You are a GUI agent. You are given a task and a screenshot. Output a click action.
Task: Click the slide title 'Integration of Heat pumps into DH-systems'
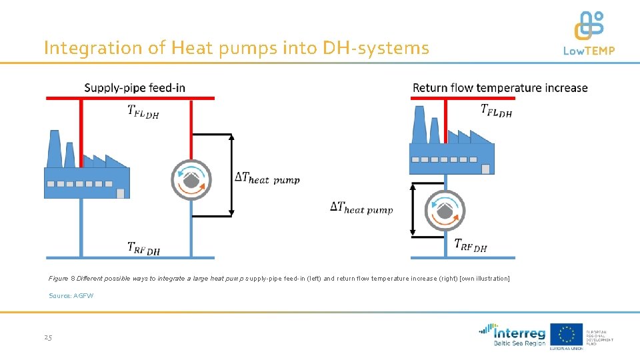click(x=237, y=48)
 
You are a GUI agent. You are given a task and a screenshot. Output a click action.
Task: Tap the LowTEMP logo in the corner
click(x=589, y=33)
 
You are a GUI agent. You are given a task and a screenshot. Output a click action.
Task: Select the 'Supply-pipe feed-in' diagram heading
click(x=135, y=87)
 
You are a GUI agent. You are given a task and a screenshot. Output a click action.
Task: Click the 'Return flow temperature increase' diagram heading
click(x=500, y=87)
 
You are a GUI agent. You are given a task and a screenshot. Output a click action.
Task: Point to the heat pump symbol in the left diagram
click(x=191, y=179)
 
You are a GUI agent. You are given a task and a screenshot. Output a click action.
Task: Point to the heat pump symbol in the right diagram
click(x=445, y=210)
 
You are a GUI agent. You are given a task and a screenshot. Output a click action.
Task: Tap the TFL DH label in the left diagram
click(x=143, y=111)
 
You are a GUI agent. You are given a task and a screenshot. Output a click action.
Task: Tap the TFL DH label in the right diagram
click(x=496, y=111)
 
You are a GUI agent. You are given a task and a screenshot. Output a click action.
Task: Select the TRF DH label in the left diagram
click(x=143, y=248)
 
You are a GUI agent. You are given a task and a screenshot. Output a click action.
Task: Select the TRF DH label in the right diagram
click(x=471, y=245)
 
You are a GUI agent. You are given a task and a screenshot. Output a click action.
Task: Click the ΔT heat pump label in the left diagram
click(x=267, y=178)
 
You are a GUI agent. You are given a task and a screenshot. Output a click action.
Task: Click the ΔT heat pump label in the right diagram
click(x=361, y=208)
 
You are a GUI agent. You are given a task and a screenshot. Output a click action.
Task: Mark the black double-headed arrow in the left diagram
click(x=231, y=175)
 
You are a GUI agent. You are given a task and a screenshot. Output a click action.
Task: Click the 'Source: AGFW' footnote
click(x=71, y=295)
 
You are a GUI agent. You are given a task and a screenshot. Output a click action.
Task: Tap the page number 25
click(x=48, y=337)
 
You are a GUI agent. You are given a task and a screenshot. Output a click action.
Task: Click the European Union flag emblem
click(x=565, y=334)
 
